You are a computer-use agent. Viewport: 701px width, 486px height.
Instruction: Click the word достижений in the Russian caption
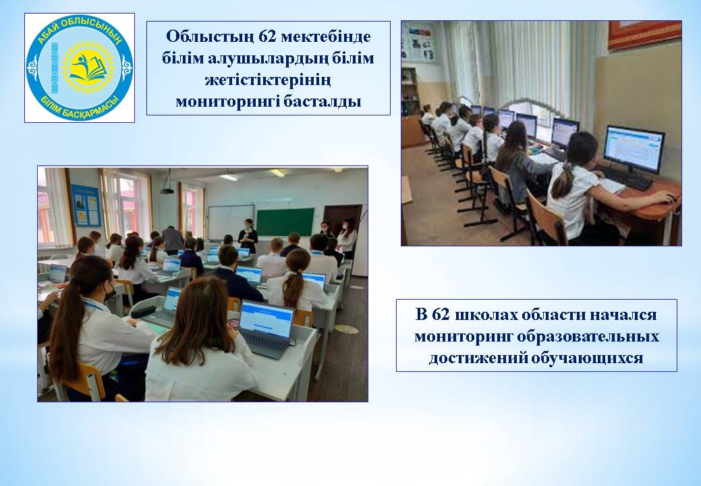click(x=477, y=358)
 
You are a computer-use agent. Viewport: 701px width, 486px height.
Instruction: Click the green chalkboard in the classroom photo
click(x=285, y=222)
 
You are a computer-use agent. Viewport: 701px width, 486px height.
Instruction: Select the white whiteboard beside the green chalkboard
click(x=231, y=221)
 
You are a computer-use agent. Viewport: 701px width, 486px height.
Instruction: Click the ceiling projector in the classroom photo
click(x=167, y=190)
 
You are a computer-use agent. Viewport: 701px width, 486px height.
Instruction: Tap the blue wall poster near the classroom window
click(x=86, y=205)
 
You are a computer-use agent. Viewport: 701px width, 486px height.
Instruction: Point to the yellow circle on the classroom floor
click(x=347, y=329)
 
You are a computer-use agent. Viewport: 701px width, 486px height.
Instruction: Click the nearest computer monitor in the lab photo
click(x=634, y=149)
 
